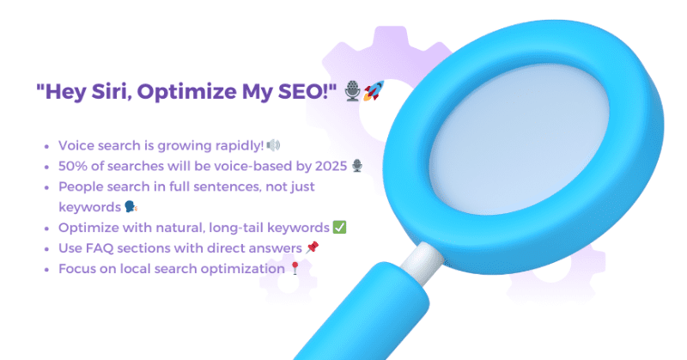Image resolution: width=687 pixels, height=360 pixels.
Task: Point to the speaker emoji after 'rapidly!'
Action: click(x=273, y=144)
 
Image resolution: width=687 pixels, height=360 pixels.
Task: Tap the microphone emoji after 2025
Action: click(x=357, y=165)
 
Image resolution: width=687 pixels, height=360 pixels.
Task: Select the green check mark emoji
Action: click(x=339, y=228)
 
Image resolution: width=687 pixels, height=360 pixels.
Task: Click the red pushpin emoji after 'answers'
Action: click(x=312, y=248)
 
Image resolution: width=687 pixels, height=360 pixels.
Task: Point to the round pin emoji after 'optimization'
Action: click(x=296, y=269)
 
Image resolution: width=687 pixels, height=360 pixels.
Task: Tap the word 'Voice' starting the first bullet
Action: click(x=75, y=144)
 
